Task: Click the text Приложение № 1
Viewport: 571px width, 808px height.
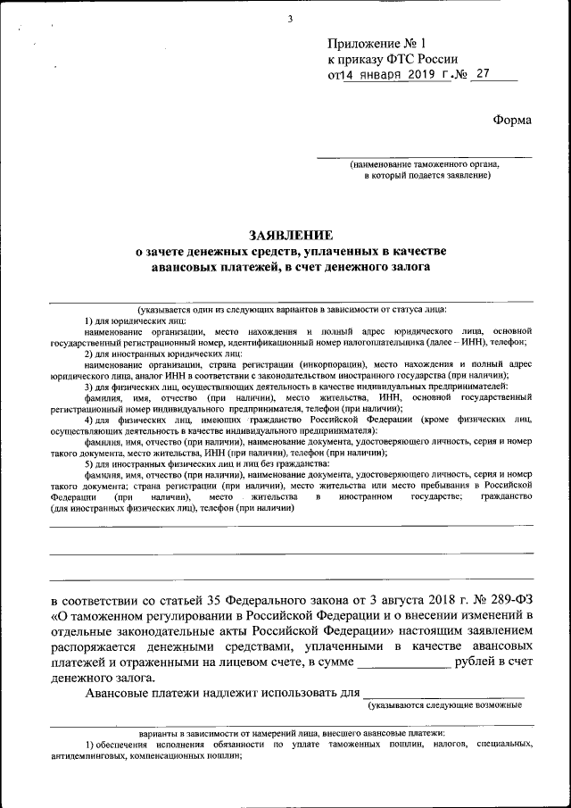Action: point(378,43)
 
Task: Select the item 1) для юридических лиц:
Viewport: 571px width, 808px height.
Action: point(135,320)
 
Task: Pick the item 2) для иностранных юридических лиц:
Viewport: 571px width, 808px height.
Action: point(159,354)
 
